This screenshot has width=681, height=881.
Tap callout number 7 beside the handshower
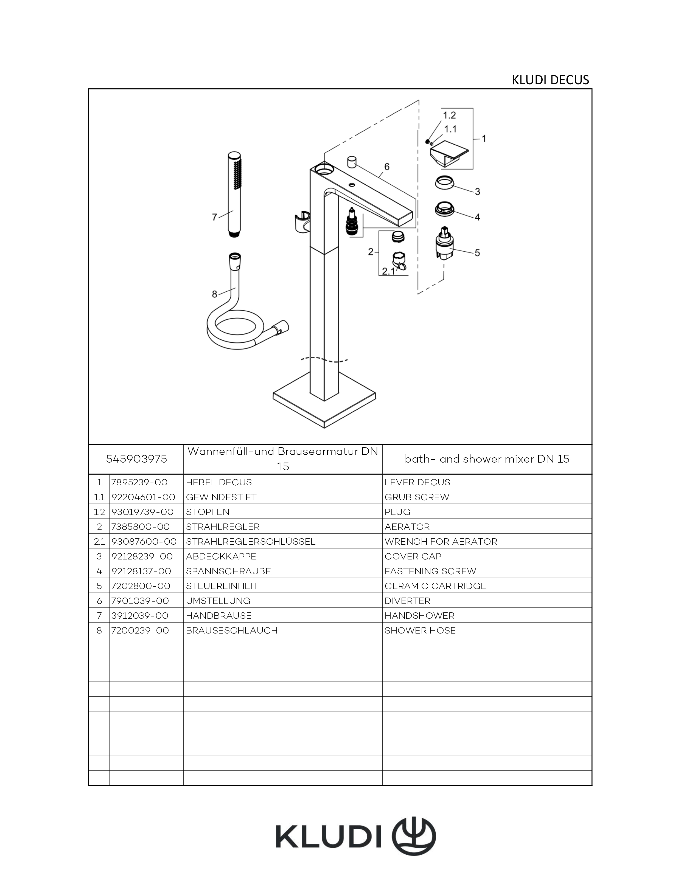coord(215,217)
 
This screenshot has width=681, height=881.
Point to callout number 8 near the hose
coord(215,294)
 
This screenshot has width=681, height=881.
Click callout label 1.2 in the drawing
coord(449,115)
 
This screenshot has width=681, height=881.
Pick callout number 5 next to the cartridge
coord(477,253)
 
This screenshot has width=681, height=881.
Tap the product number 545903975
coord(136,459)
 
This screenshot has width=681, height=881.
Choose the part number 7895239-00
coord(139,482)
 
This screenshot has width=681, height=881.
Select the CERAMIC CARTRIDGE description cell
coord(435,586)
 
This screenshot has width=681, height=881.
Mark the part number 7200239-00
coord(140,630)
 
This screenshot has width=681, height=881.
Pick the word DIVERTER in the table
coord(407,601)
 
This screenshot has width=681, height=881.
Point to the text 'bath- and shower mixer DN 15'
coord(487,459)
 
